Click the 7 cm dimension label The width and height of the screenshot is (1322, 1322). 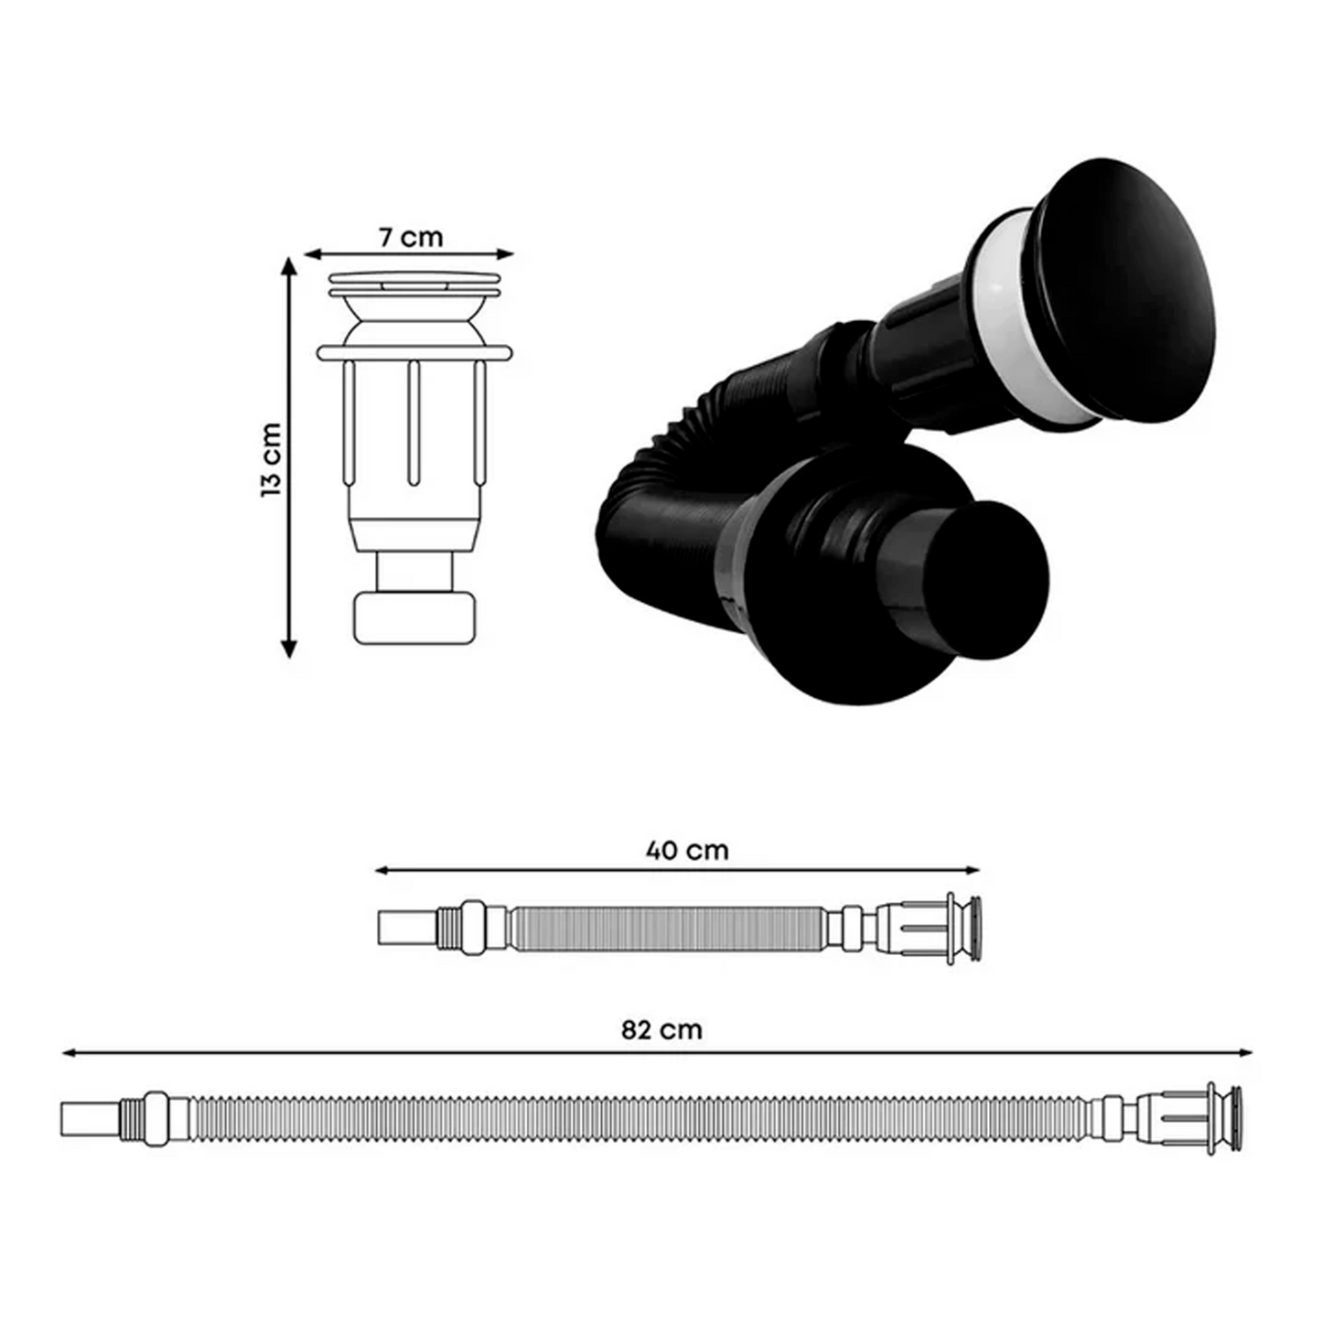[411, 237]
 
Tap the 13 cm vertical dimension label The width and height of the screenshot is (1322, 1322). [272, 459]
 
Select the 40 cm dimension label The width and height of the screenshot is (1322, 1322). [687, 851]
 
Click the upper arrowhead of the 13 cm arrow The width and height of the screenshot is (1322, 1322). [289, 266]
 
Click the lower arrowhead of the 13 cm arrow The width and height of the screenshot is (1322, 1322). [289, 649]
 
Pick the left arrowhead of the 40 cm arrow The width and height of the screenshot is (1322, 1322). [382, 871]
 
